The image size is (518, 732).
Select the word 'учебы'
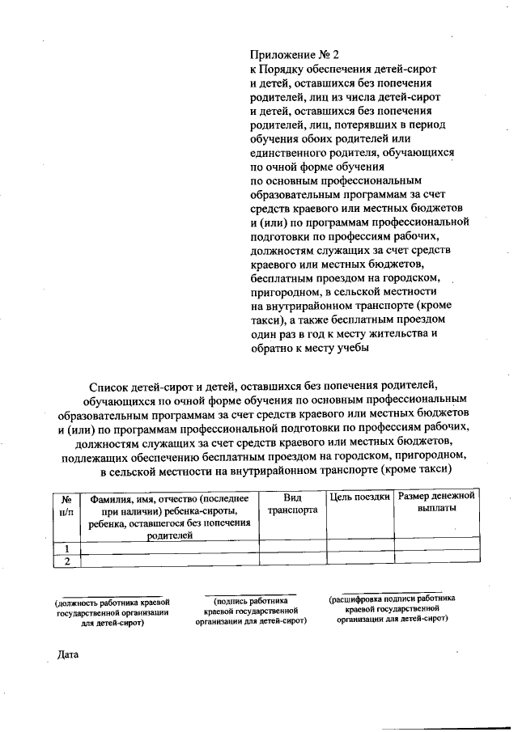[351, 348]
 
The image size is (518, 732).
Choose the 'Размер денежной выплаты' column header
[437, 501]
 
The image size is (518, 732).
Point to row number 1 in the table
[66, 548]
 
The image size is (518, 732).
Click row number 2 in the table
[66, 561]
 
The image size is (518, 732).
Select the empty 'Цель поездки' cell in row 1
[360, 548]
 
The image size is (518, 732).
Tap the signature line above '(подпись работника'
[249, 594]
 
